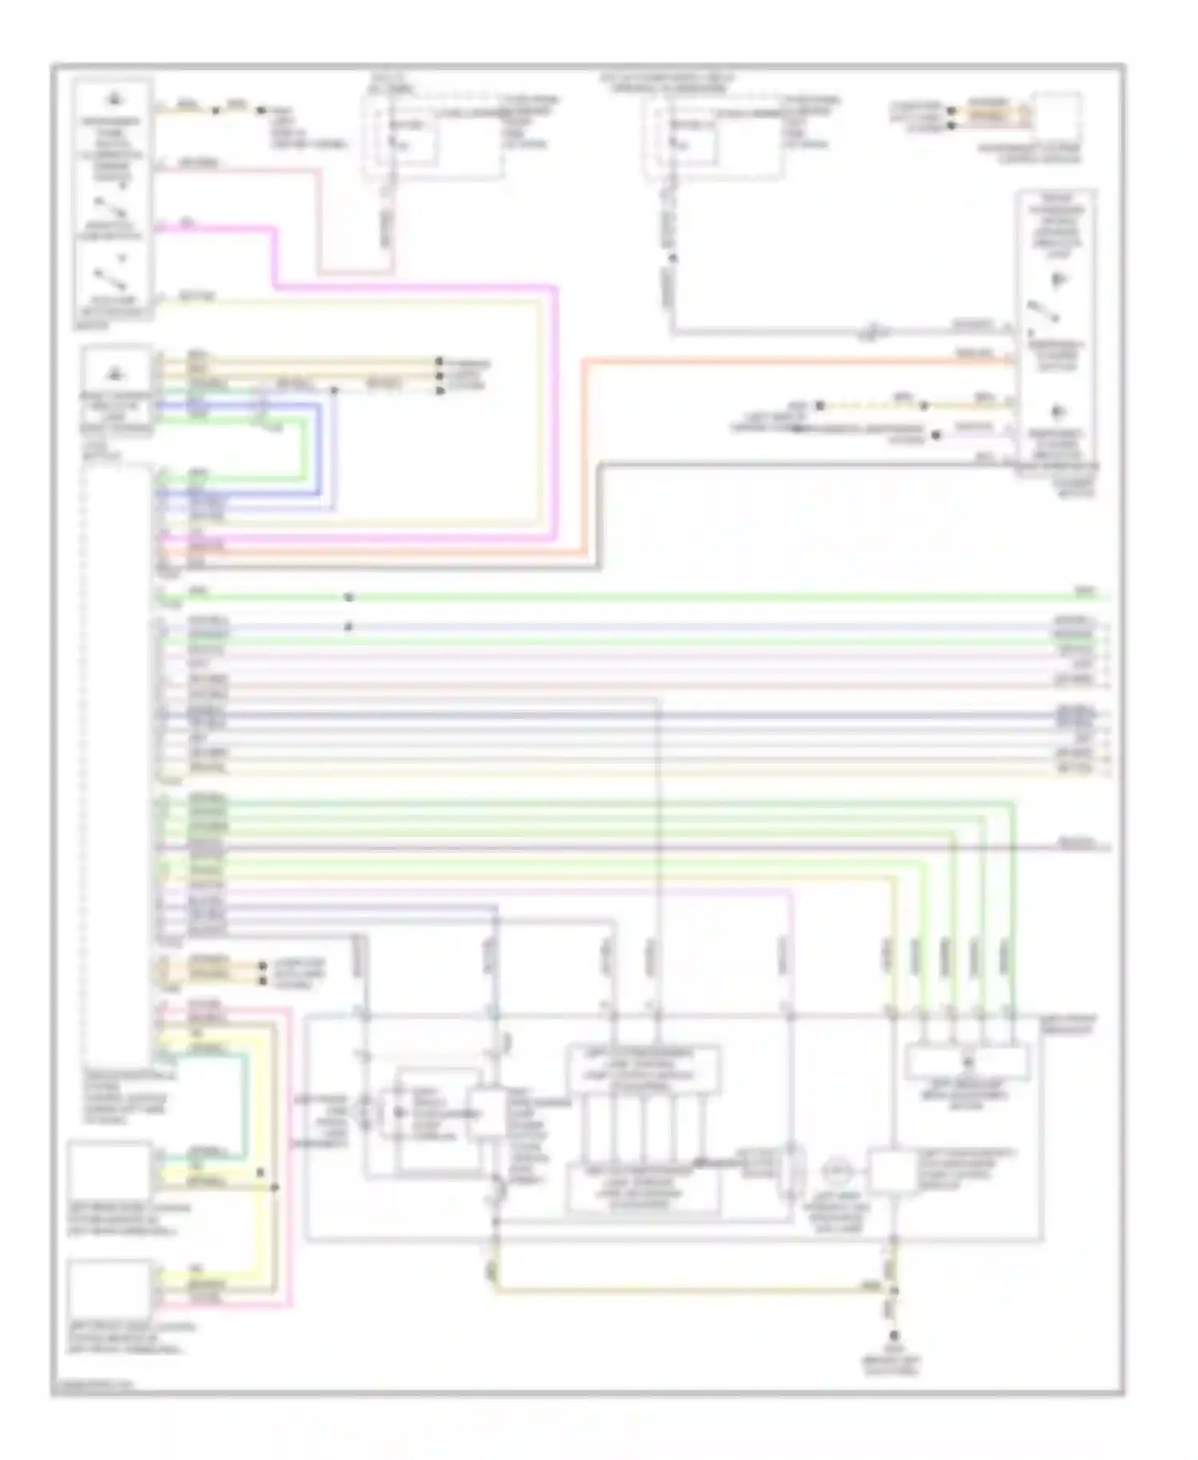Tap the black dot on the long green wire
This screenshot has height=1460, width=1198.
click(x=348, y=597)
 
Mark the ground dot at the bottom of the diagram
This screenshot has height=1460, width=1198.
click(x=894, y=1335)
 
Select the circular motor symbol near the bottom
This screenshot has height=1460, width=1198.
click(x=837, y=1172)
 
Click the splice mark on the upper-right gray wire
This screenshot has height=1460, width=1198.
click(x=875, y=330)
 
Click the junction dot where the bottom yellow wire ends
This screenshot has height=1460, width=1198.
click(x=894, y=1288)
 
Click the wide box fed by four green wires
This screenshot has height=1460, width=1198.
click(x=966, y=1063)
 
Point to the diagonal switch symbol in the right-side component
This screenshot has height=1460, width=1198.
click(x=1043, y=311)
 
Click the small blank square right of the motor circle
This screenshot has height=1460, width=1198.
click(x=892, y=1172)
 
